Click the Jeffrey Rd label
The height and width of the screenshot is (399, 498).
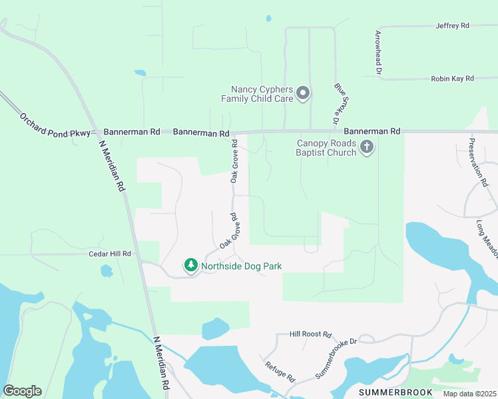(x=452, y=26)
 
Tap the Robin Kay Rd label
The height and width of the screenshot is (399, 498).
(x=452, y=78)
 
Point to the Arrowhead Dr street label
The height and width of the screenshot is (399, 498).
(x=378, y=51)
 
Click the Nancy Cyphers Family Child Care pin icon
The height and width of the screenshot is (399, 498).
(x=303, y=93)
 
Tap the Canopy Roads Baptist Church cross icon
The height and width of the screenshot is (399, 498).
(x=367, y=148)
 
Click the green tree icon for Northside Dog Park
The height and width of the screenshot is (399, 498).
(x=191, y=266)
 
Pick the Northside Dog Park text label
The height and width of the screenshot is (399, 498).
(x=242, y=267)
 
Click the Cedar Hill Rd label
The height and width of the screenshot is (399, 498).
(x=110, y=254)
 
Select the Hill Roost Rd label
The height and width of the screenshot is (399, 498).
(x=311, y=335)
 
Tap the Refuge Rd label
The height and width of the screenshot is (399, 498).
(x=280, y=371)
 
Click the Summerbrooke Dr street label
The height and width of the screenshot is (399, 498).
(x=336, y=359)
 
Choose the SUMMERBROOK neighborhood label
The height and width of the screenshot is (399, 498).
(x=395, y=392)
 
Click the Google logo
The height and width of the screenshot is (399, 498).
(x=22, y=391)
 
